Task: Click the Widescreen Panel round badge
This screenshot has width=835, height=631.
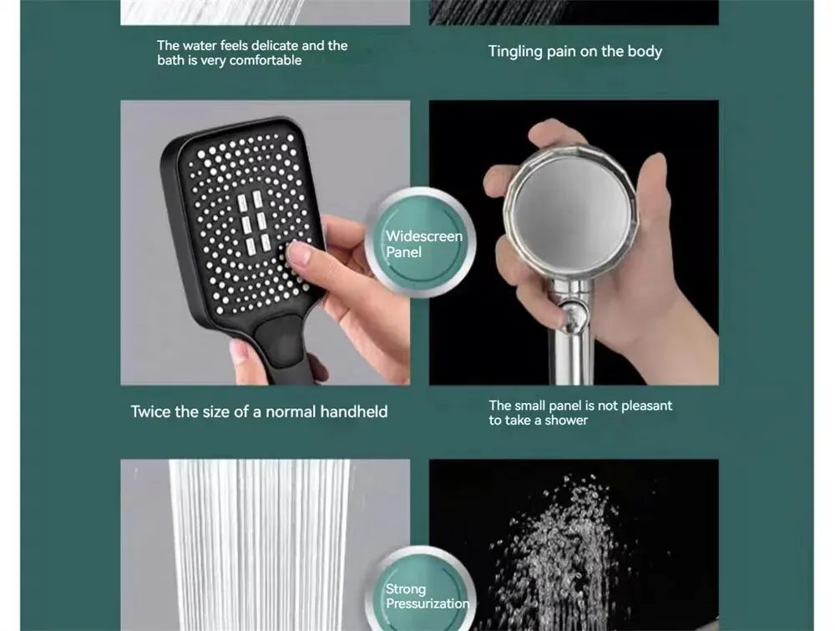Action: click(420, 244)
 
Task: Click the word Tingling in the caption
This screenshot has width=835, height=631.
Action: click(515, 52)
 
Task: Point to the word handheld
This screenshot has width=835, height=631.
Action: click(354, 411)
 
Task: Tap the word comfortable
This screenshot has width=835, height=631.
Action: click(266, 61)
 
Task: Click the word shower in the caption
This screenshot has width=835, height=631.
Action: click(567, 421)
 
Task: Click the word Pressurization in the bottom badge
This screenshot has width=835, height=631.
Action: click(427, 603)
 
